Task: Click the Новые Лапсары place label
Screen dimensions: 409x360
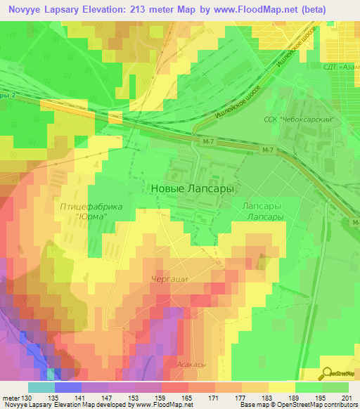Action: [192, 189]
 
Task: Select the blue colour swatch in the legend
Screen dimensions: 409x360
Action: [68, 388]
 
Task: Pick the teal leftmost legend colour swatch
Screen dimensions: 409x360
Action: [41, 388]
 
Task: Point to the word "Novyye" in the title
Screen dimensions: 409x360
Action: [25, 8]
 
